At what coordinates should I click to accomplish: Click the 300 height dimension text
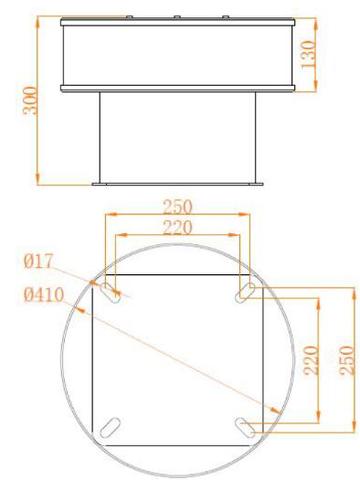30,101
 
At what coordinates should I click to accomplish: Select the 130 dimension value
308,55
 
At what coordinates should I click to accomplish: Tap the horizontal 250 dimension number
177,207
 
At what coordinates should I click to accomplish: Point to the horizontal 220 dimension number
177,227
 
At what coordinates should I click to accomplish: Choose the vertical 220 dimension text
311,360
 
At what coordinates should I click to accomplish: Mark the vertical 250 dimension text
347,360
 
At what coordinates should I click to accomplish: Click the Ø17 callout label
38,261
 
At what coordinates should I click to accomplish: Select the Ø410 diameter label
44,294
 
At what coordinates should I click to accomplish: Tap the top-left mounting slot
111,293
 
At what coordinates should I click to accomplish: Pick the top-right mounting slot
245,293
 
